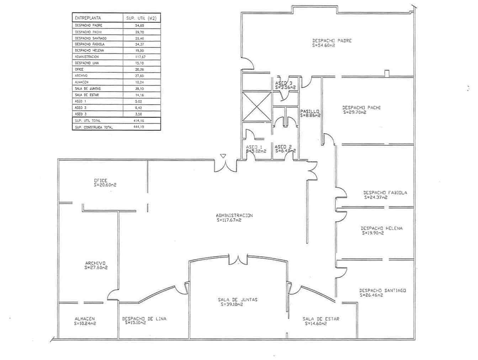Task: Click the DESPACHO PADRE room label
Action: coord(331,41)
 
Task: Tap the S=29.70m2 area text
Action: coord(355,112)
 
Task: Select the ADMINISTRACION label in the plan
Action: coord(234,215)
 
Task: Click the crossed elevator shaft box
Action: coord(256,106)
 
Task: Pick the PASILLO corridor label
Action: coord(309,111)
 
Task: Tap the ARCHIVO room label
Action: coord(95,263)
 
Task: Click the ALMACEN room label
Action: coord(85,319)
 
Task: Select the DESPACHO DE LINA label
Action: coord(144,319)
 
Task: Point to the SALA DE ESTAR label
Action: coord(321,319)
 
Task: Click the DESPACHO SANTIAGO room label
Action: coord(383,290)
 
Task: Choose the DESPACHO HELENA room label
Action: coord(381,229)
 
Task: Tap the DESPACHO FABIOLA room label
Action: coord(385,193)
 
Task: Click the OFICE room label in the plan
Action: coord(101,181)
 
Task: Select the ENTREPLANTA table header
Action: coord(88,18)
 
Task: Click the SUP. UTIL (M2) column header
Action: coord(141,18)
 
